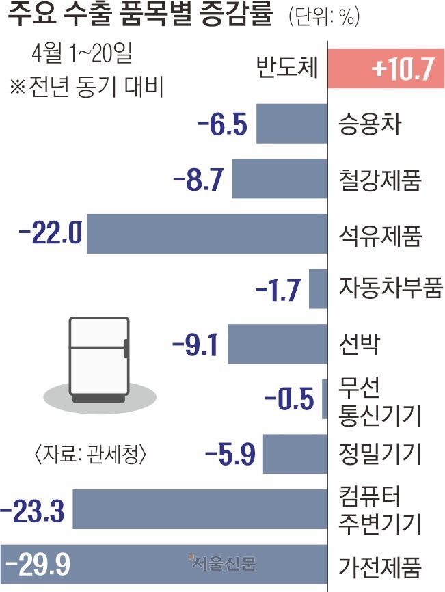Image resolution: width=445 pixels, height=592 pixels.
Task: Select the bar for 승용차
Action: point(292,124)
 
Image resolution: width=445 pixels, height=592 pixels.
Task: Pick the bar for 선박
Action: point(278,344)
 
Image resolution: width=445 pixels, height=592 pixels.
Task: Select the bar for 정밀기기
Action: point(295,454)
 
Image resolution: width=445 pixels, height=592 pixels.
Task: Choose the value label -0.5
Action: point(289,399)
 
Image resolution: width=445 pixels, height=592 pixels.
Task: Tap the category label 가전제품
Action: point(379,565)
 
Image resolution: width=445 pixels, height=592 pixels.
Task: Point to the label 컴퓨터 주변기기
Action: point(379,509)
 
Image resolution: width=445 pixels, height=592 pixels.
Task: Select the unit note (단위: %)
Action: point(323,16)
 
